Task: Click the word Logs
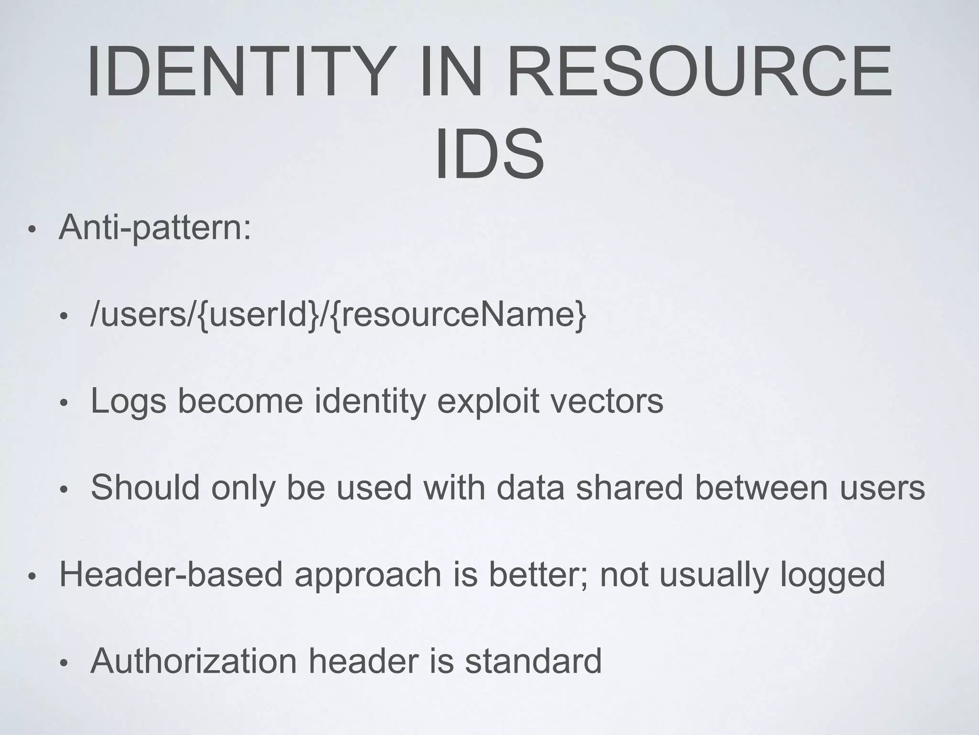point(128,401)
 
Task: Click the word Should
point(145,488)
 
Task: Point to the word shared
point(629,488)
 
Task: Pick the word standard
point(533,661)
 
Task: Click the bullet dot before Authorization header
point(63,663)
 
